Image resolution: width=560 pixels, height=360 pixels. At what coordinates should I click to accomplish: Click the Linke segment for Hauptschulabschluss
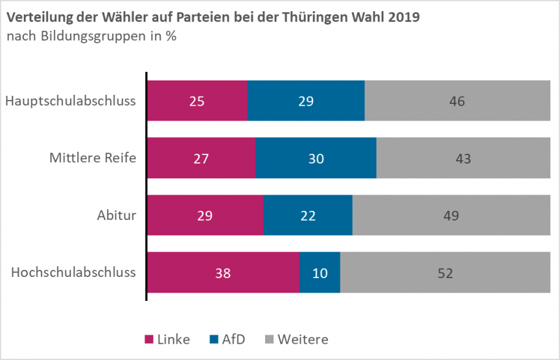[x=197, y=101]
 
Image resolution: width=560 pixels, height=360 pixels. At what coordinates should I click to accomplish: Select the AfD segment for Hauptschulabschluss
[x=306, y=101]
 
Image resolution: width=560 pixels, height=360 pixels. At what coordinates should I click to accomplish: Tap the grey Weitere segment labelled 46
[x=458, y=101]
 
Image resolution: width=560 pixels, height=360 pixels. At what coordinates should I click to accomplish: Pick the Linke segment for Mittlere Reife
[x=201, y=158]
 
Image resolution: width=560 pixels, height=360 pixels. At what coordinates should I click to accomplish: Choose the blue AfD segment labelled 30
[x=316, y=158]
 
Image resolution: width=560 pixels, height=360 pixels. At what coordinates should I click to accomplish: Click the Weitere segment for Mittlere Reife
[x=463, y=158]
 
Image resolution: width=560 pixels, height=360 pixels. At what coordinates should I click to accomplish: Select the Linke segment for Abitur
[x=205, y=215]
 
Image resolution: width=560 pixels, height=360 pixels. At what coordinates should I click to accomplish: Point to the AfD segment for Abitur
[x=308, y=215]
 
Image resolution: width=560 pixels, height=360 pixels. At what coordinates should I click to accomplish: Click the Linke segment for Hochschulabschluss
[x=223, y=272]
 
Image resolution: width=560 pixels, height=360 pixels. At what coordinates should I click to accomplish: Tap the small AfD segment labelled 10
[x=320, y=272]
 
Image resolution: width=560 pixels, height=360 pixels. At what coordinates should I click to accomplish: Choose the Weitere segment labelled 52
[x=445, y=272]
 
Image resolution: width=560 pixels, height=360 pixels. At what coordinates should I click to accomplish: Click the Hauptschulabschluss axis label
[x=70, y=101]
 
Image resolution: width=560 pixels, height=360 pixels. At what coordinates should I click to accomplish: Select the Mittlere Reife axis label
[x=93, y=158]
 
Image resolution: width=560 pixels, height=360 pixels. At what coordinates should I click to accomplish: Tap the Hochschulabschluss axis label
[x=73, y=272]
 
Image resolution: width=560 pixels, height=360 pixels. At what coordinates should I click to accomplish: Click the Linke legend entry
[x=167, y=339]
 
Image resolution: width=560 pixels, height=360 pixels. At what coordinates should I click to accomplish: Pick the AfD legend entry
[x=227, y=339]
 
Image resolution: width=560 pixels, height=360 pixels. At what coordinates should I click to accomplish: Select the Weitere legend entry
[x=296, y=339]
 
